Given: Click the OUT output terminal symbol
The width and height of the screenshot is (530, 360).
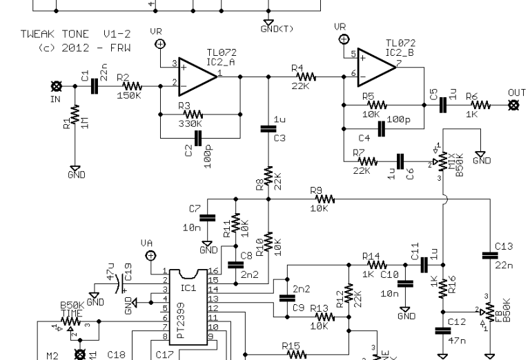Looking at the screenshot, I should point(513,105).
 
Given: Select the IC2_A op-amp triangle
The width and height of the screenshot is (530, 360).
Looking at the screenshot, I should point(197,73).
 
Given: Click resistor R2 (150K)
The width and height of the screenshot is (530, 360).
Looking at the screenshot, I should point(131,86).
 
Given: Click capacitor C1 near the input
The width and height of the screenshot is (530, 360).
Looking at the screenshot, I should point(95,86).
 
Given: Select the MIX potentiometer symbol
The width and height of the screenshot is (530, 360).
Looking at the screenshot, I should point(442,161).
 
